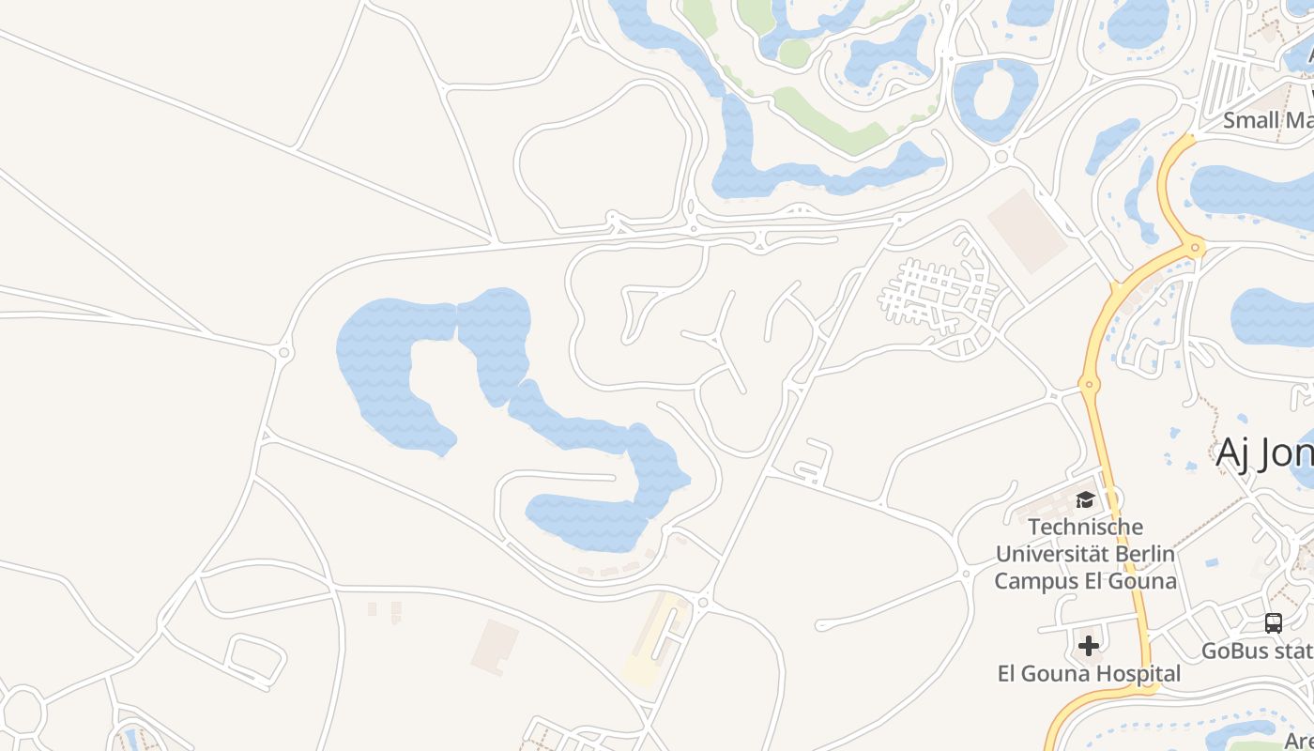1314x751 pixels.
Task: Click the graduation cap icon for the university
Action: pyautogui.click(x=1086, y=499)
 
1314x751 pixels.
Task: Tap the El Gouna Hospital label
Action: pyautogui.click(x=1088, y=673)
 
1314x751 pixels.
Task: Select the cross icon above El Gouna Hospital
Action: pyautogui.click(x=1089, y=646)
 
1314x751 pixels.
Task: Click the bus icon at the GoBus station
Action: pyautogui.click(x=1274, y=622)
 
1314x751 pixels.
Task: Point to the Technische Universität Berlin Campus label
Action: pyautogui.click(x=1085, y=554)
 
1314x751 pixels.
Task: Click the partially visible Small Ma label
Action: pyautogui.click(x=1267, y=120)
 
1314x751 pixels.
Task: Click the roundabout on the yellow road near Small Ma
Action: pyautogui.click(x=1195, y=248)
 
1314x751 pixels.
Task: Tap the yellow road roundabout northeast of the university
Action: pyautogui.click(x=1089, y=384)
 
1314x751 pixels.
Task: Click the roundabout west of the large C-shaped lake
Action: pyautogui.click(x=284, y=352)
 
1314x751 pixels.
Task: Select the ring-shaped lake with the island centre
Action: pyautogui.click(x=995, y=99)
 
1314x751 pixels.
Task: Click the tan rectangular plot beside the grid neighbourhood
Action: pyautogui.click(x=1028, y=231)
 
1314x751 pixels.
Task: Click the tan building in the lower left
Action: pyautogui.click(x=495, y=646)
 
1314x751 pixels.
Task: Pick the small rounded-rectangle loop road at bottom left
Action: pyautogui.click(x=255, y=657)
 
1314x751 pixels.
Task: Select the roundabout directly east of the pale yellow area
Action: pyautogui.click(x=702, y=603)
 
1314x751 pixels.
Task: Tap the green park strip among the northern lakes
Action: pyautogui.click(x=826, y=117)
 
